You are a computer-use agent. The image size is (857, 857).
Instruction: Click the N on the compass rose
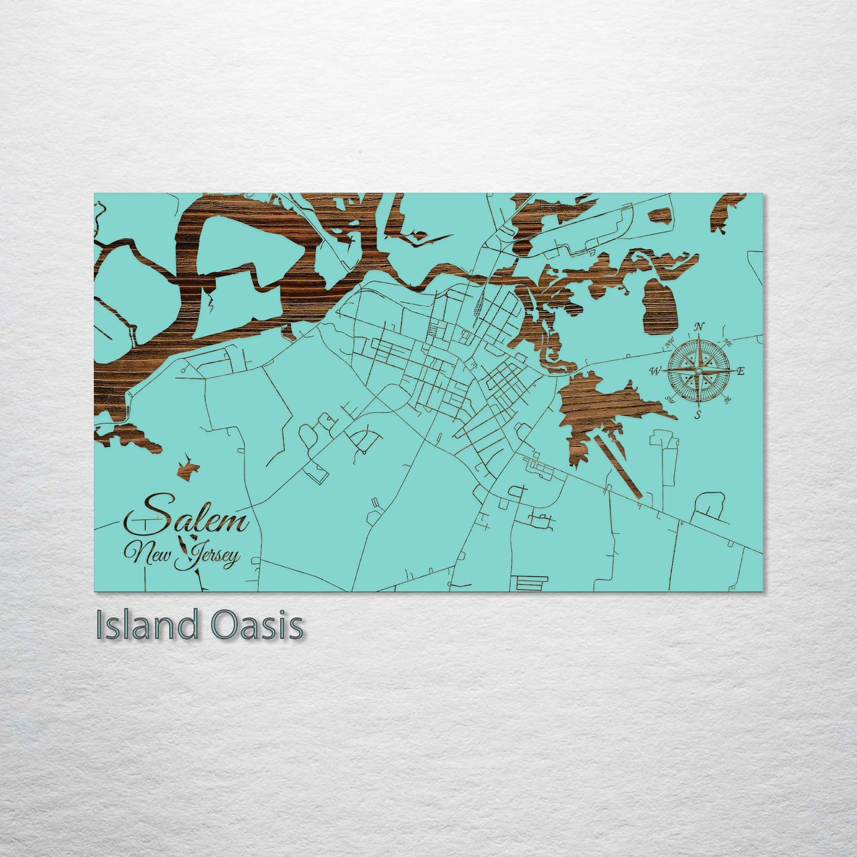[x=699, y=326]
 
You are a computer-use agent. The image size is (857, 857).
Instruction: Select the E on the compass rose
[x=741, y=371]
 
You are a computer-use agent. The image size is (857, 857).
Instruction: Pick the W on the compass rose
[x=655, y=372]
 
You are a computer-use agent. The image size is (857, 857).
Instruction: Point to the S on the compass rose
[x=699, y=415]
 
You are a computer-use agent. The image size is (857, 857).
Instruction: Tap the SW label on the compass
[x=670, y=399]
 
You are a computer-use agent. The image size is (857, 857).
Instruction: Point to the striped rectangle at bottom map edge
[x=525, y=584]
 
